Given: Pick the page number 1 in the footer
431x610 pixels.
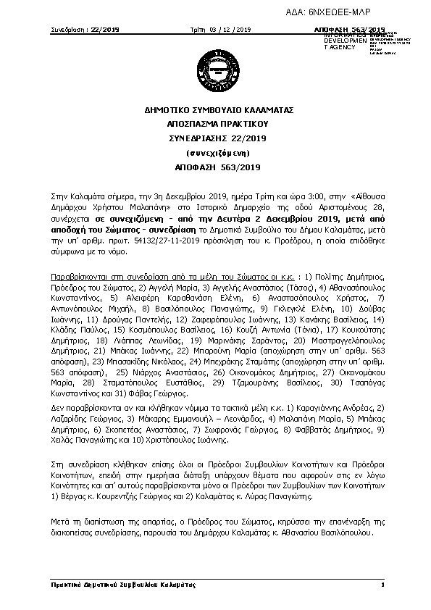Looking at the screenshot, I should pos(382,584).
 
